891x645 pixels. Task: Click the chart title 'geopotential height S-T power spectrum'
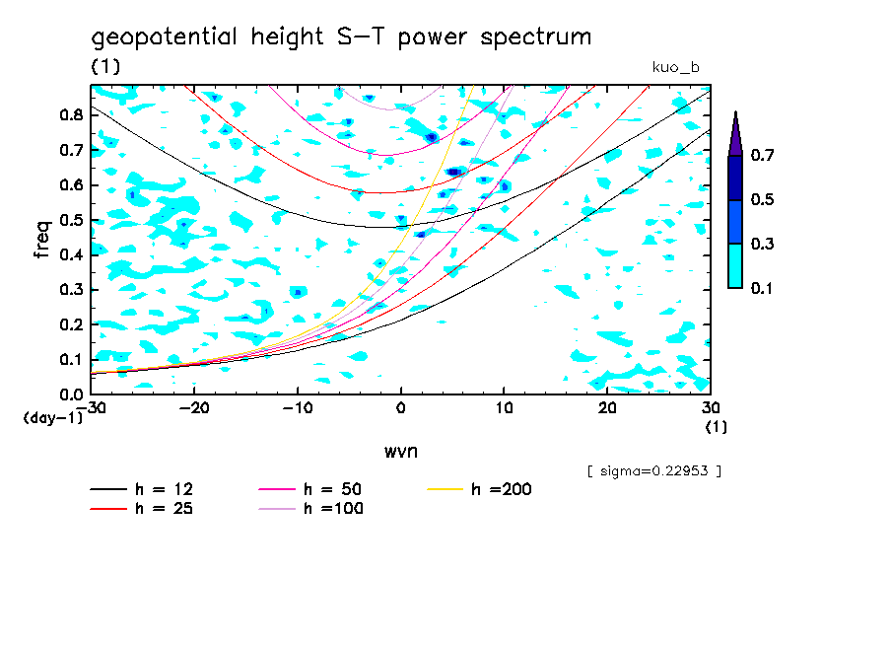tap(341, 38)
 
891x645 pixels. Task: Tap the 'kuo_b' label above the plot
tap(675, 67)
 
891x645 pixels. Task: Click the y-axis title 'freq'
tap(42, 240)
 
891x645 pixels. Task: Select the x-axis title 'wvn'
tap(400, 451)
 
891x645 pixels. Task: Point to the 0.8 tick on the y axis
tap(71, 114)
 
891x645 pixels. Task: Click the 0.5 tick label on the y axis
tap(71, 220)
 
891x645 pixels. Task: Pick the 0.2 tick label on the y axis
tap(71, 324)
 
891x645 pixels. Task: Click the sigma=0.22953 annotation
tap(653, 471)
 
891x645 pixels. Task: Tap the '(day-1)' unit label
tap(52, 418)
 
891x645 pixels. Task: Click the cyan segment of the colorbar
tap(735, 265)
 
